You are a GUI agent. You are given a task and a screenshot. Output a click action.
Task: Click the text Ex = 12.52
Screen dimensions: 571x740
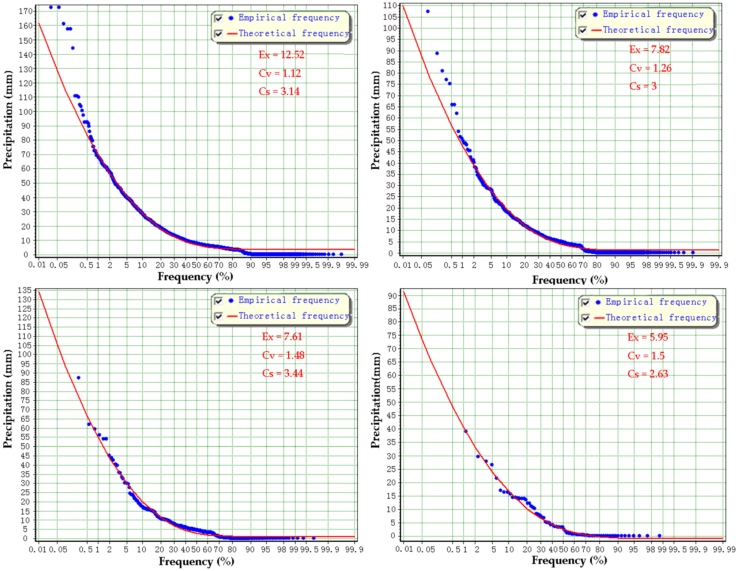coord(281,55)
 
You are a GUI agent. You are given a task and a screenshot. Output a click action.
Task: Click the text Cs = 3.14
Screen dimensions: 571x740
coord(279,91)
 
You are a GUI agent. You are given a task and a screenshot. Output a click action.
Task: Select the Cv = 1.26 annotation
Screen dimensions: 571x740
coord(650,68)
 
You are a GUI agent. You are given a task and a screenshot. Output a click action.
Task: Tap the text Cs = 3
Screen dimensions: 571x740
coord(643,86)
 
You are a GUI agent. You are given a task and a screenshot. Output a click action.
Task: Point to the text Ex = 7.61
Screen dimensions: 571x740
coord(282,337)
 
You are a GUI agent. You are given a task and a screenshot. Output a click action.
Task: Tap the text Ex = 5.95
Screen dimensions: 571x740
coord(648,337)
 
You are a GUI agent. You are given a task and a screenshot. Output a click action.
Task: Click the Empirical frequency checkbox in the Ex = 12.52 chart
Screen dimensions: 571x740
coord(219,18)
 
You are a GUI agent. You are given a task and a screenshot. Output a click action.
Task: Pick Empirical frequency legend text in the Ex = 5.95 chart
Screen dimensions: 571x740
coord(656,302)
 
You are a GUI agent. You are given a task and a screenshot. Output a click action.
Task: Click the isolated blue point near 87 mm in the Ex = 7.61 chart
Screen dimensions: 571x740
coord(78,378)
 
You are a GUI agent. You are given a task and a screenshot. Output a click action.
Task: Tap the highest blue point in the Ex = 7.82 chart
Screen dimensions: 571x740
coord(428,12)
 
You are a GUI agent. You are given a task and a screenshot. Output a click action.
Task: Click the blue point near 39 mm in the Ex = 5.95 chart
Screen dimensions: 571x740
coord(465,431)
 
